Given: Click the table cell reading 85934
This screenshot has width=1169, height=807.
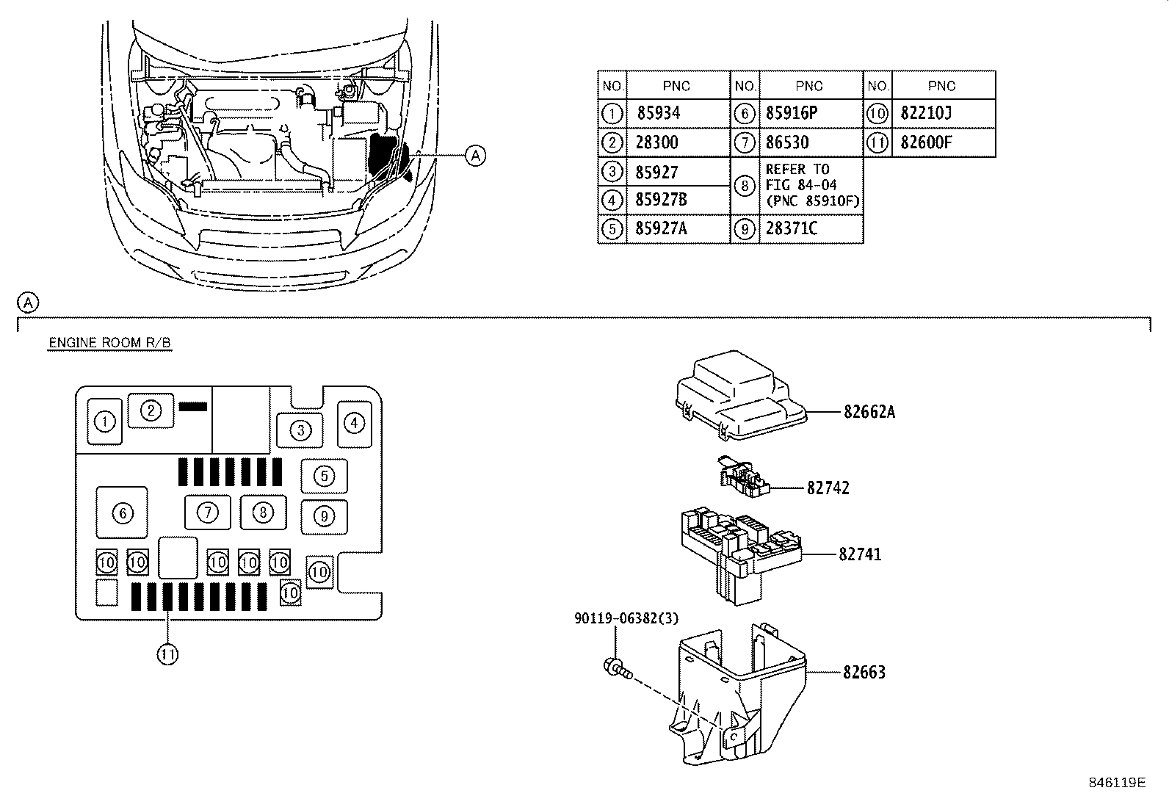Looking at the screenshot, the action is click(x=657, y=113).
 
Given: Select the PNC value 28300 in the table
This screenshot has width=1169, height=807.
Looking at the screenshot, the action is click(x=657, y=142).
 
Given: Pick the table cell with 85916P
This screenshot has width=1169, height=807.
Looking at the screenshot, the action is click(x=792, y=113).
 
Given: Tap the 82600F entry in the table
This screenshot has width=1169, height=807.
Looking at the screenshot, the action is click(x=926, y=142).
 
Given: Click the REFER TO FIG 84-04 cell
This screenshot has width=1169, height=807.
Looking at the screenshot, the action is click(x=811, y=185).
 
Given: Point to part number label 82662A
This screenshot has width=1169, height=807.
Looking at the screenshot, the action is click(x=869, y=412).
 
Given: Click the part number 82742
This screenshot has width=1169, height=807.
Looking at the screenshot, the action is click(x=828, y=488).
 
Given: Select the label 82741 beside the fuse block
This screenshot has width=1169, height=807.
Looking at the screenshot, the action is click(x=860, y=554).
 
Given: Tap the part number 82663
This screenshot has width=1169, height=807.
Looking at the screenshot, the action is click(x=864, y=672).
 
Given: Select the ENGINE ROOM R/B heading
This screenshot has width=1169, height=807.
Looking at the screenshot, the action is click(x=109, y=343).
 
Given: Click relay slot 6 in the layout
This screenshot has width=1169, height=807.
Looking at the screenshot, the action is click(x=122, y=513).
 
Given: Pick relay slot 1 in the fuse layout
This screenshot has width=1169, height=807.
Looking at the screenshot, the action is click(x=105, y=421).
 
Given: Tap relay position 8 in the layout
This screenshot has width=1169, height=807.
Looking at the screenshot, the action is click(x=263, y=512).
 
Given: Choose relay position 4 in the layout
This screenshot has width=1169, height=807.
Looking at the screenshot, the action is click(x=355, y=423).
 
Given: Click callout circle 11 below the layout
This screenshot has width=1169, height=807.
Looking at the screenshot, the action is click(x=167, y=654).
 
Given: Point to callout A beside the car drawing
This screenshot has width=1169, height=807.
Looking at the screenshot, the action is click(x=476, y=156).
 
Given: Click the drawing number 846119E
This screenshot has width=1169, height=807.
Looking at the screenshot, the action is click(x=1116, y=783).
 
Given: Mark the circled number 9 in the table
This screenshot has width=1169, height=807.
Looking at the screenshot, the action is click(x=745, y=229).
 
